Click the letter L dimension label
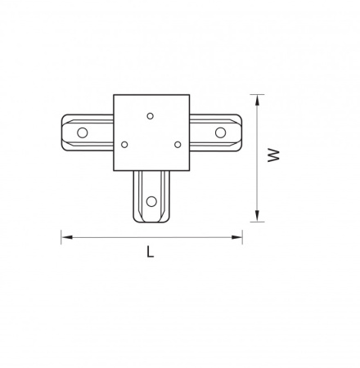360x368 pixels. (151, 251)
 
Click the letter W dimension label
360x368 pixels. (273, 155)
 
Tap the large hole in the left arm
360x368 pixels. (82, 132)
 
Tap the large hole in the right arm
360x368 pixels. (220, 132)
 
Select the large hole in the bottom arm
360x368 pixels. (151, 201)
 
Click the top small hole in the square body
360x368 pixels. (150, 116)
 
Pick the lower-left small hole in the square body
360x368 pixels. (124, 145)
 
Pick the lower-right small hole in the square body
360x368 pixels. (178, 145)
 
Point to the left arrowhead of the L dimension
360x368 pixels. (66, 237)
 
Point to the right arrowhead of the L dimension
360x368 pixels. (236, 237)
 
